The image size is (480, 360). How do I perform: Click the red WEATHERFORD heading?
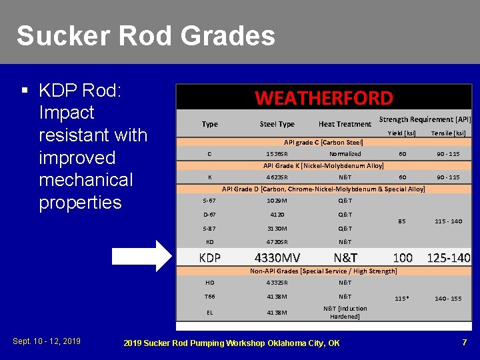click(x=324, y=98)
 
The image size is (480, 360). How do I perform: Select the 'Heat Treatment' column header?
click(x=345, y=124)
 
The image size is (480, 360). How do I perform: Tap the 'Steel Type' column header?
click(x=277, y=124)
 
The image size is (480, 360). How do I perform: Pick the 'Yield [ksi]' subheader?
click(x=402, y=133)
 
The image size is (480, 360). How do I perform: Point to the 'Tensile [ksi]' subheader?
click(x=448, y=133)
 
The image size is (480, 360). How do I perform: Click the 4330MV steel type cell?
click(x=277, y=257)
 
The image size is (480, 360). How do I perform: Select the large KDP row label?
click(x=210, y=257)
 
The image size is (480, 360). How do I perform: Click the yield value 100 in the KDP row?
click(x=402, y=257)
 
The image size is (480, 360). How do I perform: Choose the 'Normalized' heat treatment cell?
click(x=345, y=154)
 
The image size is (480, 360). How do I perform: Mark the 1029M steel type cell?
click(x=277, y=201)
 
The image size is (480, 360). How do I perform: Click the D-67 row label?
click(x=210, y=214)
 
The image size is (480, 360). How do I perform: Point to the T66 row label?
click(x=210, y=296)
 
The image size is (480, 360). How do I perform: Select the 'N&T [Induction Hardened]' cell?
click(x=345, y=312)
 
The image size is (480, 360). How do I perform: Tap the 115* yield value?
click(x=402, y=299)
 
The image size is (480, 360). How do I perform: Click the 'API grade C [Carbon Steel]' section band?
click(x=323, y=142)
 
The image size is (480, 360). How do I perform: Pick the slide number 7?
click(x=464, y=342)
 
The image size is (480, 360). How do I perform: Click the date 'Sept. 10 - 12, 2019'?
click(x=47, y=341)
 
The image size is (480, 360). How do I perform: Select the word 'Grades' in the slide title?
click(x=226, y=35)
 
